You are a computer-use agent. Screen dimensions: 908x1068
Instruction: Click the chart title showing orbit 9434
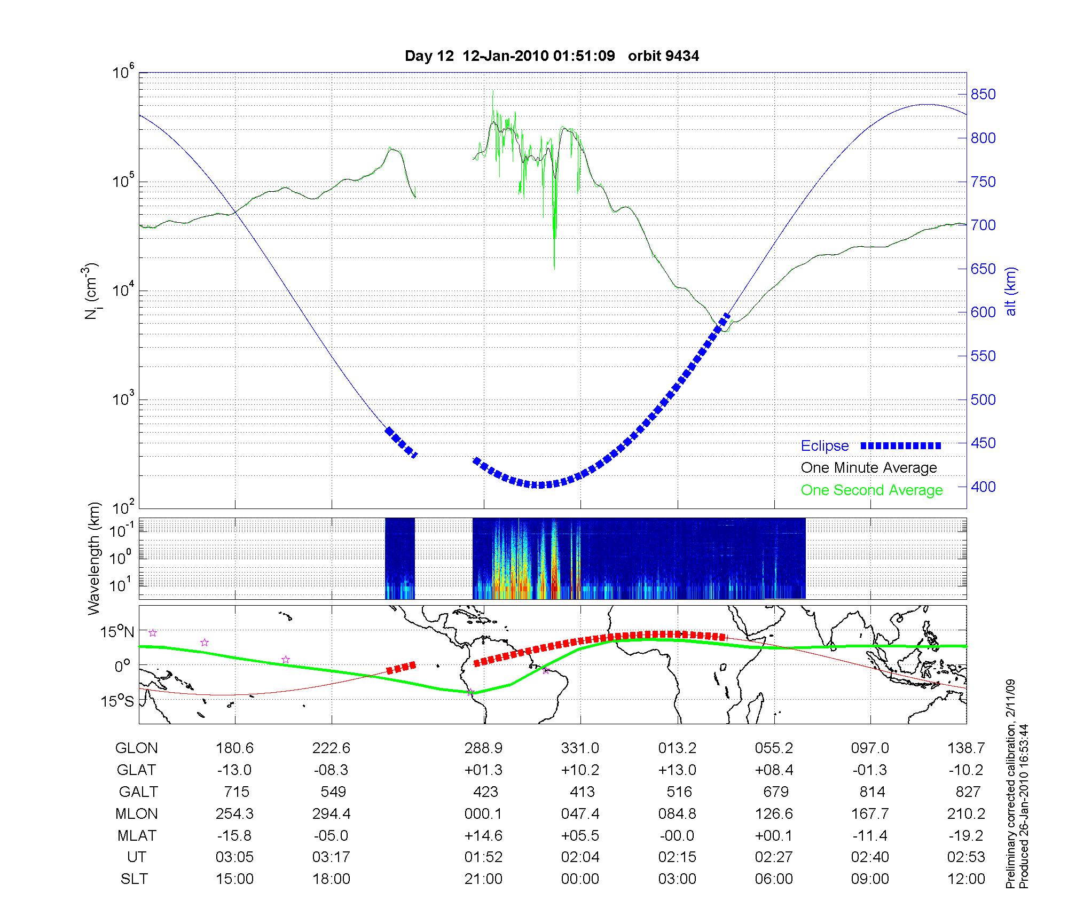tap(552, 56)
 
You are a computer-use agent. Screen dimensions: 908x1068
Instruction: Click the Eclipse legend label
tap(824, 446)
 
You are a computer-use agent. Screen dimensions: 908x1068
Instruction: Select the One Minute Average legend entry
tap(869, 468)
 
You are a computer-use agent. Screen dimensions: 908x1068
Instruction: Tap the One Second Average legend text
tap(871, 490)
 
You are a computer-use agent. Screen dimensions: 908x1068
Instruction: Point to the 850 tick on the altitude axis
tap(983, 95)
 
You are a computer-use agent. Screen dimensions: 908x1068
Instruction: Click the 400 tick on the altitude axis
tap(983, 487)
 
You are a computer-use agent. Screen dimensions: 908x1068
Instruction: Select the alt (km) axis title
tap(1011, 291)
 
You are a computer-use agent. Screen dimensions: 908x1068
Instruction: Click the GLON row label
tap(136, 748)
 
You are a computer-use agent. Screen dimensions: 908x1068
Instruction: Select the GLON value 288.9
tap(483, 748)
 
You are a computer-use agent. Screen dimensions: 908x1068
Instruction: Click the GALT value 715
tap(235, 792)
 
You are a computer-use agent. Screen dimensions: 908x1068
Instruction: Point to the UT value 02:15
tap(677, 857)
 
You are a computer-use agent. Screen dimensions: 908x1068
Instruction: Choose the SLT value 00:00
tap(580, 879)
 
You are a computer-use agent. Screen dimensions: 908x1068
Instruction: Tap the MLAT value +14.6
tap(483, 835)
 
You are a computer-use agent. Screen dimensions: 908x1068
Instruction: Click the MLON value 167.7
tap(870, 813)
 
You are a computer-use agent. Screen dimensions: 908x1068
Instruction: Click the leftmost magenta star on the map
tap(153, 633)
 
